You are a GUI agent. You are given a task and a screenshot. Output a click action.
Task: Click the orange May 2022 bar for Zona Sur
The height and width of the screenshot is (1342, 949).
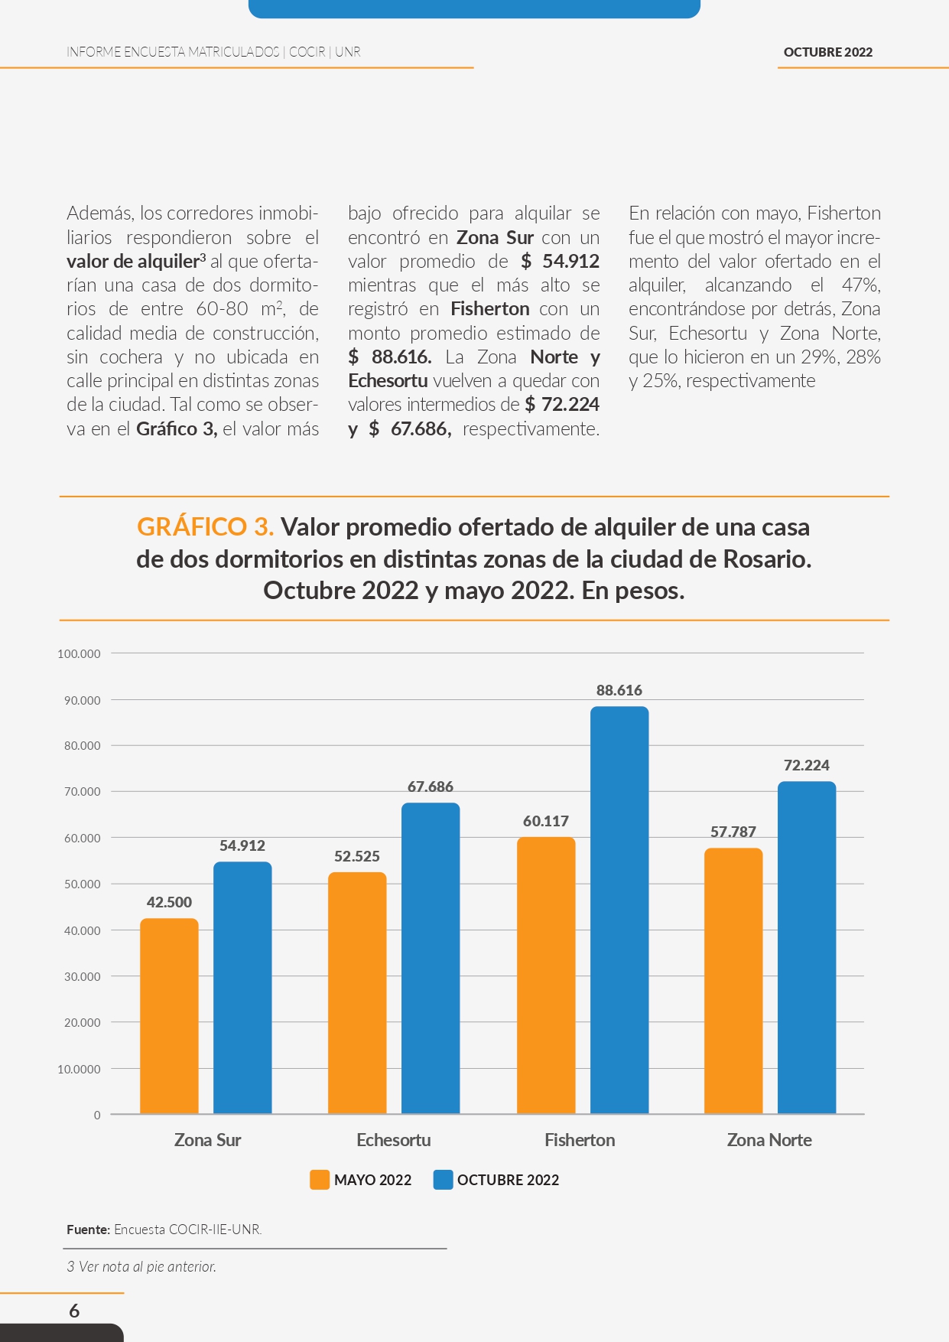click(169, 1016)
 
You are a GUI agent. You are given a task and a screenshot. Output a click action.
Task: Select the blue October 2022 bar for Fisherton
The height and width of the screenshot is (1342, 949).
click(619, 910)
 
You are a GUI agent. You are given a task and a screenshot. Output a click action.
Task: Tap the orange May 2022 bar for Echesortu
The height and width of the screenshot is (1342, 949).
click(357, 993)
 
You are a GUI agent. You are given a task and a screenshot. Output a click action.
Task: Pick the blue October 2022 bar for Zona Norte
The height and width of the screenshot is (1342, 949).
click(807, 947)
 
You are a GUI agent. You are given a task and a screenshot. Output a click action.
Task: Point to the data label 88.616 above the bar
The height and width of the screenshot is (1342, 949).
click(619, 690)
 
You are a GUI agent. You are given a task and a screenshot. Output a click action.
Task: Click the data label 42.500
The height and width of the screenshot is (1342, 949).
click(169, 902)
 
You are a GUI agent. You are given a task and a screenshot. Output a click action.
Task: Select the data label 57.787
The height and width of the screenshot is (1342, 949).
click(733, 832)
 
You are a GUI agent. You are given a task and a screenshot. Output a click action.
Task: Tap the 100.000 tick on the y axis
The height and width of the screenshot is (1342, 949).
click(79, 653)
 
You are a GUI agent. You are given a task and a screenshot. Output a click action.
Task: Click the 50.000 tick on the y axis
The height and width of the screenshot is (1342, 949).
click(82, 884)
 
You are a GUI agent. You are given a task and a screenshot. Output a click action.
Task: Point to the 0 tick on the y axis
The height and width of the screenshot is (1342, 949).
click(97, 1115)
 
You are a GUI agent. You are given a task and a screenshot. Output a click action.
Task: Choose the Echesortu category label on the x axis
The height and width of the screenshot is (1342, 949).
click(394, 1140)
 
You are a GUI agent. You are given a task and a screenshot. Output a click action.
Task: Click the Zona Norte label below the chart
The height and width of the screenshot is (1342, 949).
click(769, 1140)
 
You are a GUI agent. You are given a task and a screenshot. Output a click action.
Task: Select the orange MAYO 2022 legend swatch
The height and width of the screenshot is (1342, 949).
click(320, 1180)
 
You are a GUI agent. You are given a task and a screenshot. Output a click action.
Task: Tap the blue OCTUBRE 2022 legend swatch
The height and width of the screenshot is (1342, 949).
click(444, 1180)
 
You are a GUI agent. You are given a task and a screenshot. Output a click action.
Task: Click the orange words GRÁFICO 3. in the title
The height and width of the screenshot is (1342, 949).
click(205, 526)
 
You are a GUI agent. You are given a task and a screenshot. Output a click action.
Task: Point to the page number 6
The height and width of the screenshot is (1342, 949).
click(74, 1311)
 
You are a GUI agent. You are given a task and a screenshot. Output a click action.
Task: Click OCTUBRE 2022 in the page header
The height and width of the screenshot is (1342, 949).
click(828, 52)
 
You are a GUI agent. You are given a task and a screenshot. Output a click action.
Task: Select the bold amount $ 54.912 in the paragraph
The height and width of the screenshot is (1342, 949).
click(560, 261)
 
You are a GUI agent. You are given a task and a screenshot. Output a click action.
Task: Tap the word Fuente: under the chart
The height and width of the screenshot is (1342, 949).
click(88, 1230)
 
